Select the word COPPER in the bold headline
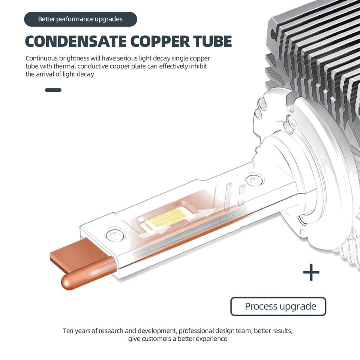[x=159, y=41]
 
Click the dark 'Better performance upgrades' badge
[x=80, y=19]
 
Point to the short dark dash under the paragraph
[x=53, y=90]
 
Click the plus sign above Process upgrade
[x=311, y=272]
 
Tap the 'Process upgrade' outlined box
[x=278, y=306]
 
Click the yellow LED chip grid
[x=167, y=217]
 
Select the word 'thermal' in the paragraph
[x=66, y=66]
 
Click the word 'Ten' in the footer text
[x=68, y=331]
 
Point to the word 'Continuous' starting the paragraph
[x=41, y=58]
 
